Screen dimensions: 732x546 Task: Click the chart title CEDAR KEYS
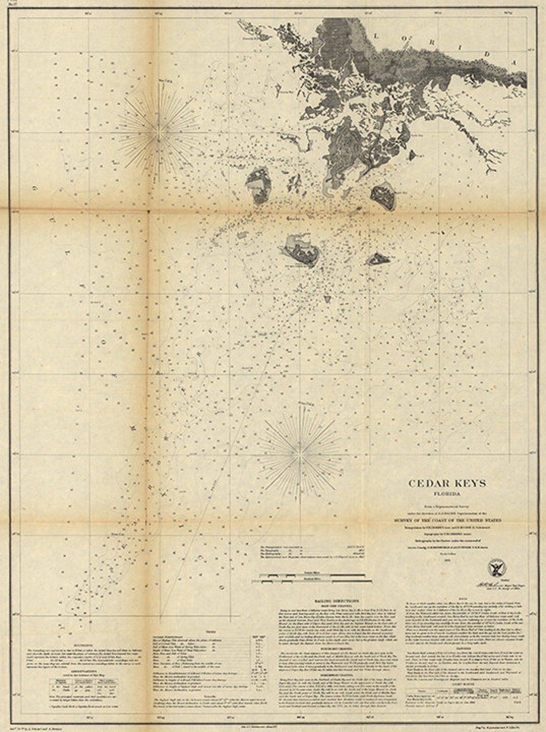click(x=447, y=483)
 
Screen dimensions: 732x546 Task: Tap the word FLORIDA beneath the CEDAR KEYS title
click(x=447, y=495)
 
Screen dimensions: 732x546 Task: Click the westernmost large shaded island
click(x=259, y=185)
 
